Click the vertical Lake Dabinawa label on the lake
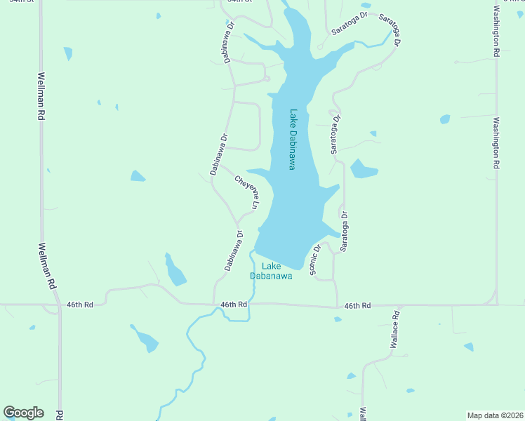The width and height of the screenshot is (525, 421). point(293,140)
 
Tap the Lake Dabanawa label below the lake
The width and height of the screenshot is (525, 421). point(272,271)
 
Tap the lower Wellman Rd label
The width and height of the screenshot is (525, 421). point(47,267)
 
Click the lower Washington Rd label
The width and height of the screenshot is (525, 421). point(496,142)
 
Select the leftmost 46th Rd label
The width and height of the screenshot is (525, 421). point(80,305)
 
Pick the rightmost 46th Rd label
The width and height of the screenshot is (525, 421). point(357,306)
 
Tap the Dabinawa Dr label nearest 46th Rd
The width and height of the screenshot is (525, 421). point(234,251)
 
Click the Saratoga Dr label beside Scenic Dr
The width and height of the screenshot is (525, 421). point(344,231)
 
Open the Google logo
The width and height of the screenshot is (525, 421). point(23,413)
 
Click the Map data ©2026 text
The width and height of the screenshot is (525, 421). point(496,415)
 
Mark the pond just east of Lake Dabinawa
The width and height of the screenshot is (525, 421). point(363,169)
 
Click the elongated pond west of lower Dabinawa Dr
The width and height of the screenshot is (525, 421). point(175,270)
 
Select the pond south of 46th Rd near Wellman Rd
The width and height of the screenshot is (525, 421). point(146,340)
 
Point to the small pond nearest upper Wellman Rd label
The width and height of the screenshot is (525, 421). point(68,53)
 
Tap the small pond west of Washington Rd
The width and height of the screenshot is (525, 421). point(444,119)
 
